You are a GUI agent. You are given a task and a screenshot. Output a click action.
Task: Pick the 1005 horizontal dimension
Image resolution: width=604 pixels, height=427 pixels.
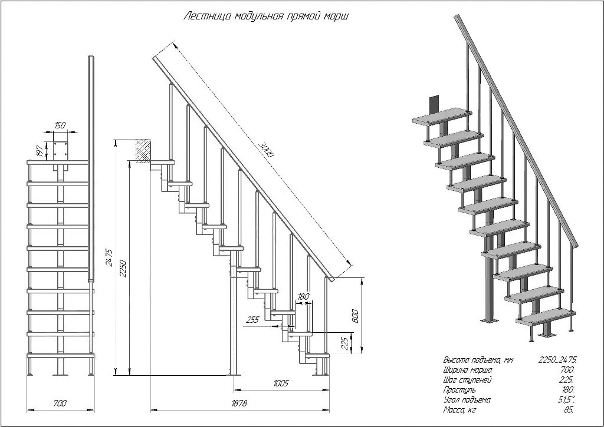click(x=281, y=383)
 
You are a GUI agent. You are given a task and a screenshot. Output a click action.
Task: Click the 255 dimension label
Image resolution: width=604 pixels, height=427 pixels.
click(x=253, y=320)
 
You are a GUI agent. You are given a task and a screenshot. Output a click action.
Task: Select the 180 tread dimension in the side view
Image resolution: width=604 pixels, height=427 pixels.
click(x=303, y=296)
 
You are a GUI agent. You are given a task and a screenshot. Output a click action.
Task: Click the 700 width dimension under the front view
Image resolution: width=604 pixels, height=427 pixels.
click(x=60, y=403)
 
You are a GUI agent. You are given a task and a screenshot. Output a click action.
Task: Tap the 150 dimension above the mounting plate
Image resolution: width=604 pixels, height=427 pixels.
click(x=60, y=125)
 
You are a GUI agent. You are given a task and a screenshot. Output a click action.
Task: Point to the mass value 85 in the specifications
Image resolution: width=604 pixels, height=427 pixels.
click(x=570, y=410)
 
